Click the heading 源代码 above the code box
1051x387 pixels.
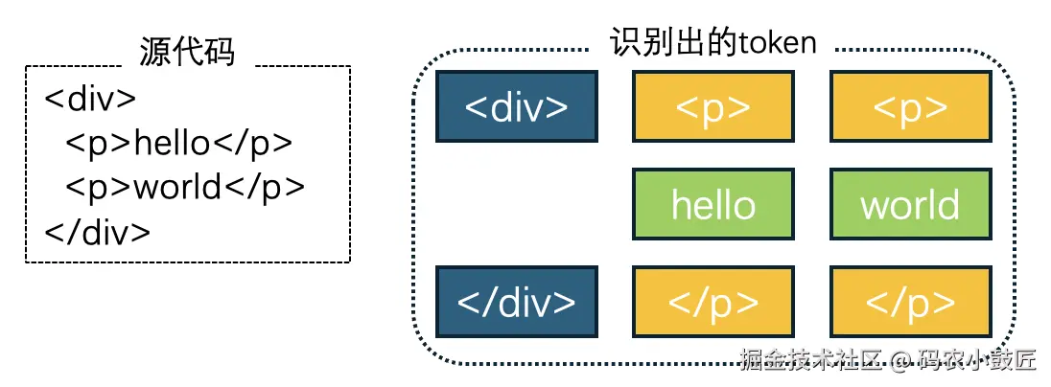pyautogui.click(x=187, y=51)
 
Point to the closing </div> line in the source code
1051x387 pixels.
pyautogui.click(x=98, y=231)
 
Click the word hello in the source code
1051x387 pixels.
pyautogui.click(x=172, y=143)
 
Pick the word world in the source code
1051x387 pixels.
pyautogui.click(x=177, y=187)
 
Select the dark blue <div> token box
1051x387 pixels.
pyautogui.click(x=517, y=106)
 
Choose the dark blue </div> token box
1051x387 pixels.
pyautogui.click(x=517, y=302)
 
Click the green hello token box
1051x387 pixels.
pyautogui.click(x=713, y=204)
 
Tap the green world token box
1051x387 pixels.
pyautogui.click(x=910, y=204)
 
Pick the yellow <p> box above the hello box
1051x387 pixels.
pyautogui.click(x=713, y=106)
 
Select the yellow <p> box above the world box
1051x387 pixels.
pyautogui.click(x=910, y=106)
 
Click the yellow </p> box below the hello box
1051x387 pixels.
pyautogui.click(x=713, y=302)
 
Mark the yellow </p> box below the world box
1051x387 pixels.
pyautogui.click(x=910, y=302)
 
